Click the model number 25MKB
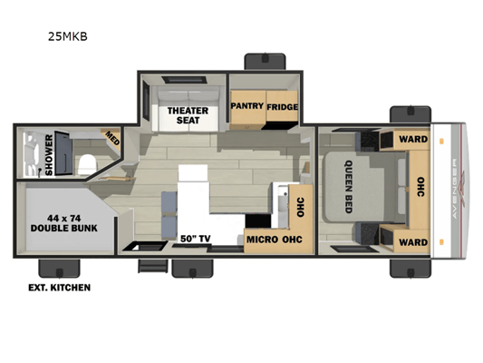68,36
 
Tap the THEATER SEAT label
188,115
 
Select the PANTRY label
247,106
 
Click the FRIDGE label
282,107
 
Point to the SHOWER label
49,155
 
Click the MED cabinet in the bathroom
111,139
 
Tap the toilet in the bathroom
87,164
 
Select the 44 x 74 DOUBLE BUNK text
64,223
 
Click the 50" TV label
196,239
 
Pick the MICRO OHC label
275,240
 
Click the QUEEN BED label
349,187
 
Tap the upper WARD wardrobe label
413,139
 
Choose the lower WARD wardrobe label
413,242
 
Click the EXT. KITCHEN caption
60,288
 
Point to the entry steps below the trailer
153,266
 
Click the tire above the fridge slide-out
265,62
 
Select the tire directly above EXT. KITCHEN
59,269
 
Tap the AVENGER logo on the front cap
455,189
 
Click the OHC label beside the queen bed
420,187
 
